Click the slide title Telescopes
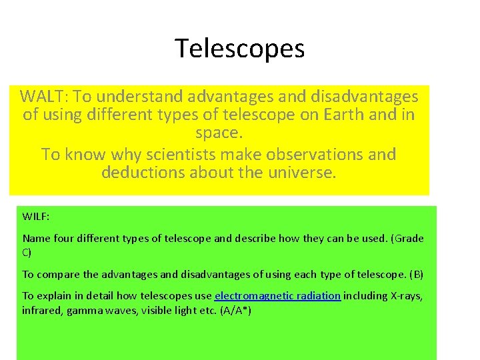(240, 49)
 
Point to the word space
(218, 133)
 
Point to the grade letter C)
(27, 253)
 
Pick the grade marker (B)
(416, 275)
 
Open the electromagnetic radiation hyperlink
(277, 296)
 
